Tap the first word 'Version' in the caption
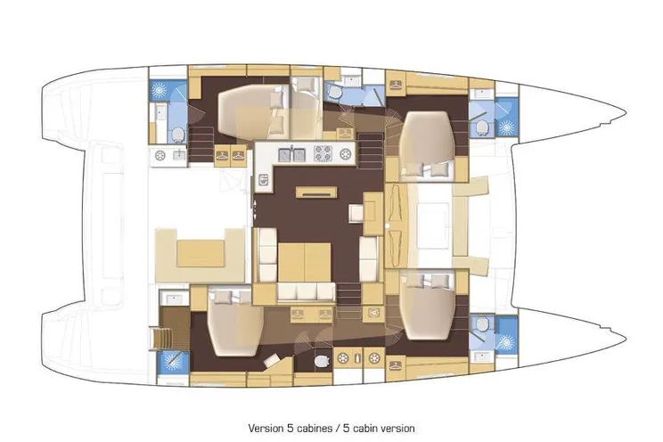(266, 428)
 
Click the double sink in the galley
(291, 155)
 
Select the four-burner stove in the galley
(323, 153)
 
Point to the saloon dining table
(304, 263)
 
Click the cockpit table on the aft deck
(201, 253)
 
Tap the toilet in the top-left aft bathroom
(177, 135)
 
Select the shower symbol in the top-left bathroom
(161, 90)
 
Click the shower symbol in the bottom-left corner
(172, 362)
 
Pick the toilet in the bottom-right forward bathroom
(481, 325)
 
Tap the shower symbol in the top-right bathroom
(505, 126)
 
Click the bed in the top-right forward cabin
(427, 143)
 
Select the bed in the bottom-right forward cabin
(427, 306)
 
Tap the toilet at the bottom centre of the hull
(322, 361)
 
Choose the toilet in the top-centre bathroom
(333, 92)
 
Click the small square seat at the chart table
(356, 213)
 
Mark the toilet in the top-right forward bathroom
(481, 126)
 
